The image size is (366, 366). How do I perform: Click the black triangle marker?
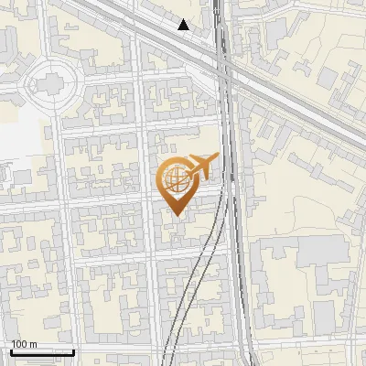[x=184, y=25]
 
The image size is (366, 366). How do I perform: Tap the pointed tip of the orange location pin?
[x=174, y=215]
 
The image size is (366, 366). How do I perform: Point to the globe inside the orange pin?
[x=174, y=178]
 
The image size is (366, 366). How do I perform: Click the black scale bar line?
[x=42, y=352]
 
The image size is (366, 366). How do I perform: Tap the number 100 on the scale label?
[x=19, y=344]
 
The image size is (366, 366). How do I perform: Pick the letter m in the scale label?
[x=33, y=344]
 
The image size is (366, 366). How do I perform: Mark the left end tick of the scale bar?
[x=11, y=350]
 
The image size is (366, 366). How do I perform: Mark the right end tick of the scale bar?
[x=73, y=350]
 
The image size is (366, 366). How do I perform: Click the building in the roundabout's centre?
[x=47, y=83]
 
